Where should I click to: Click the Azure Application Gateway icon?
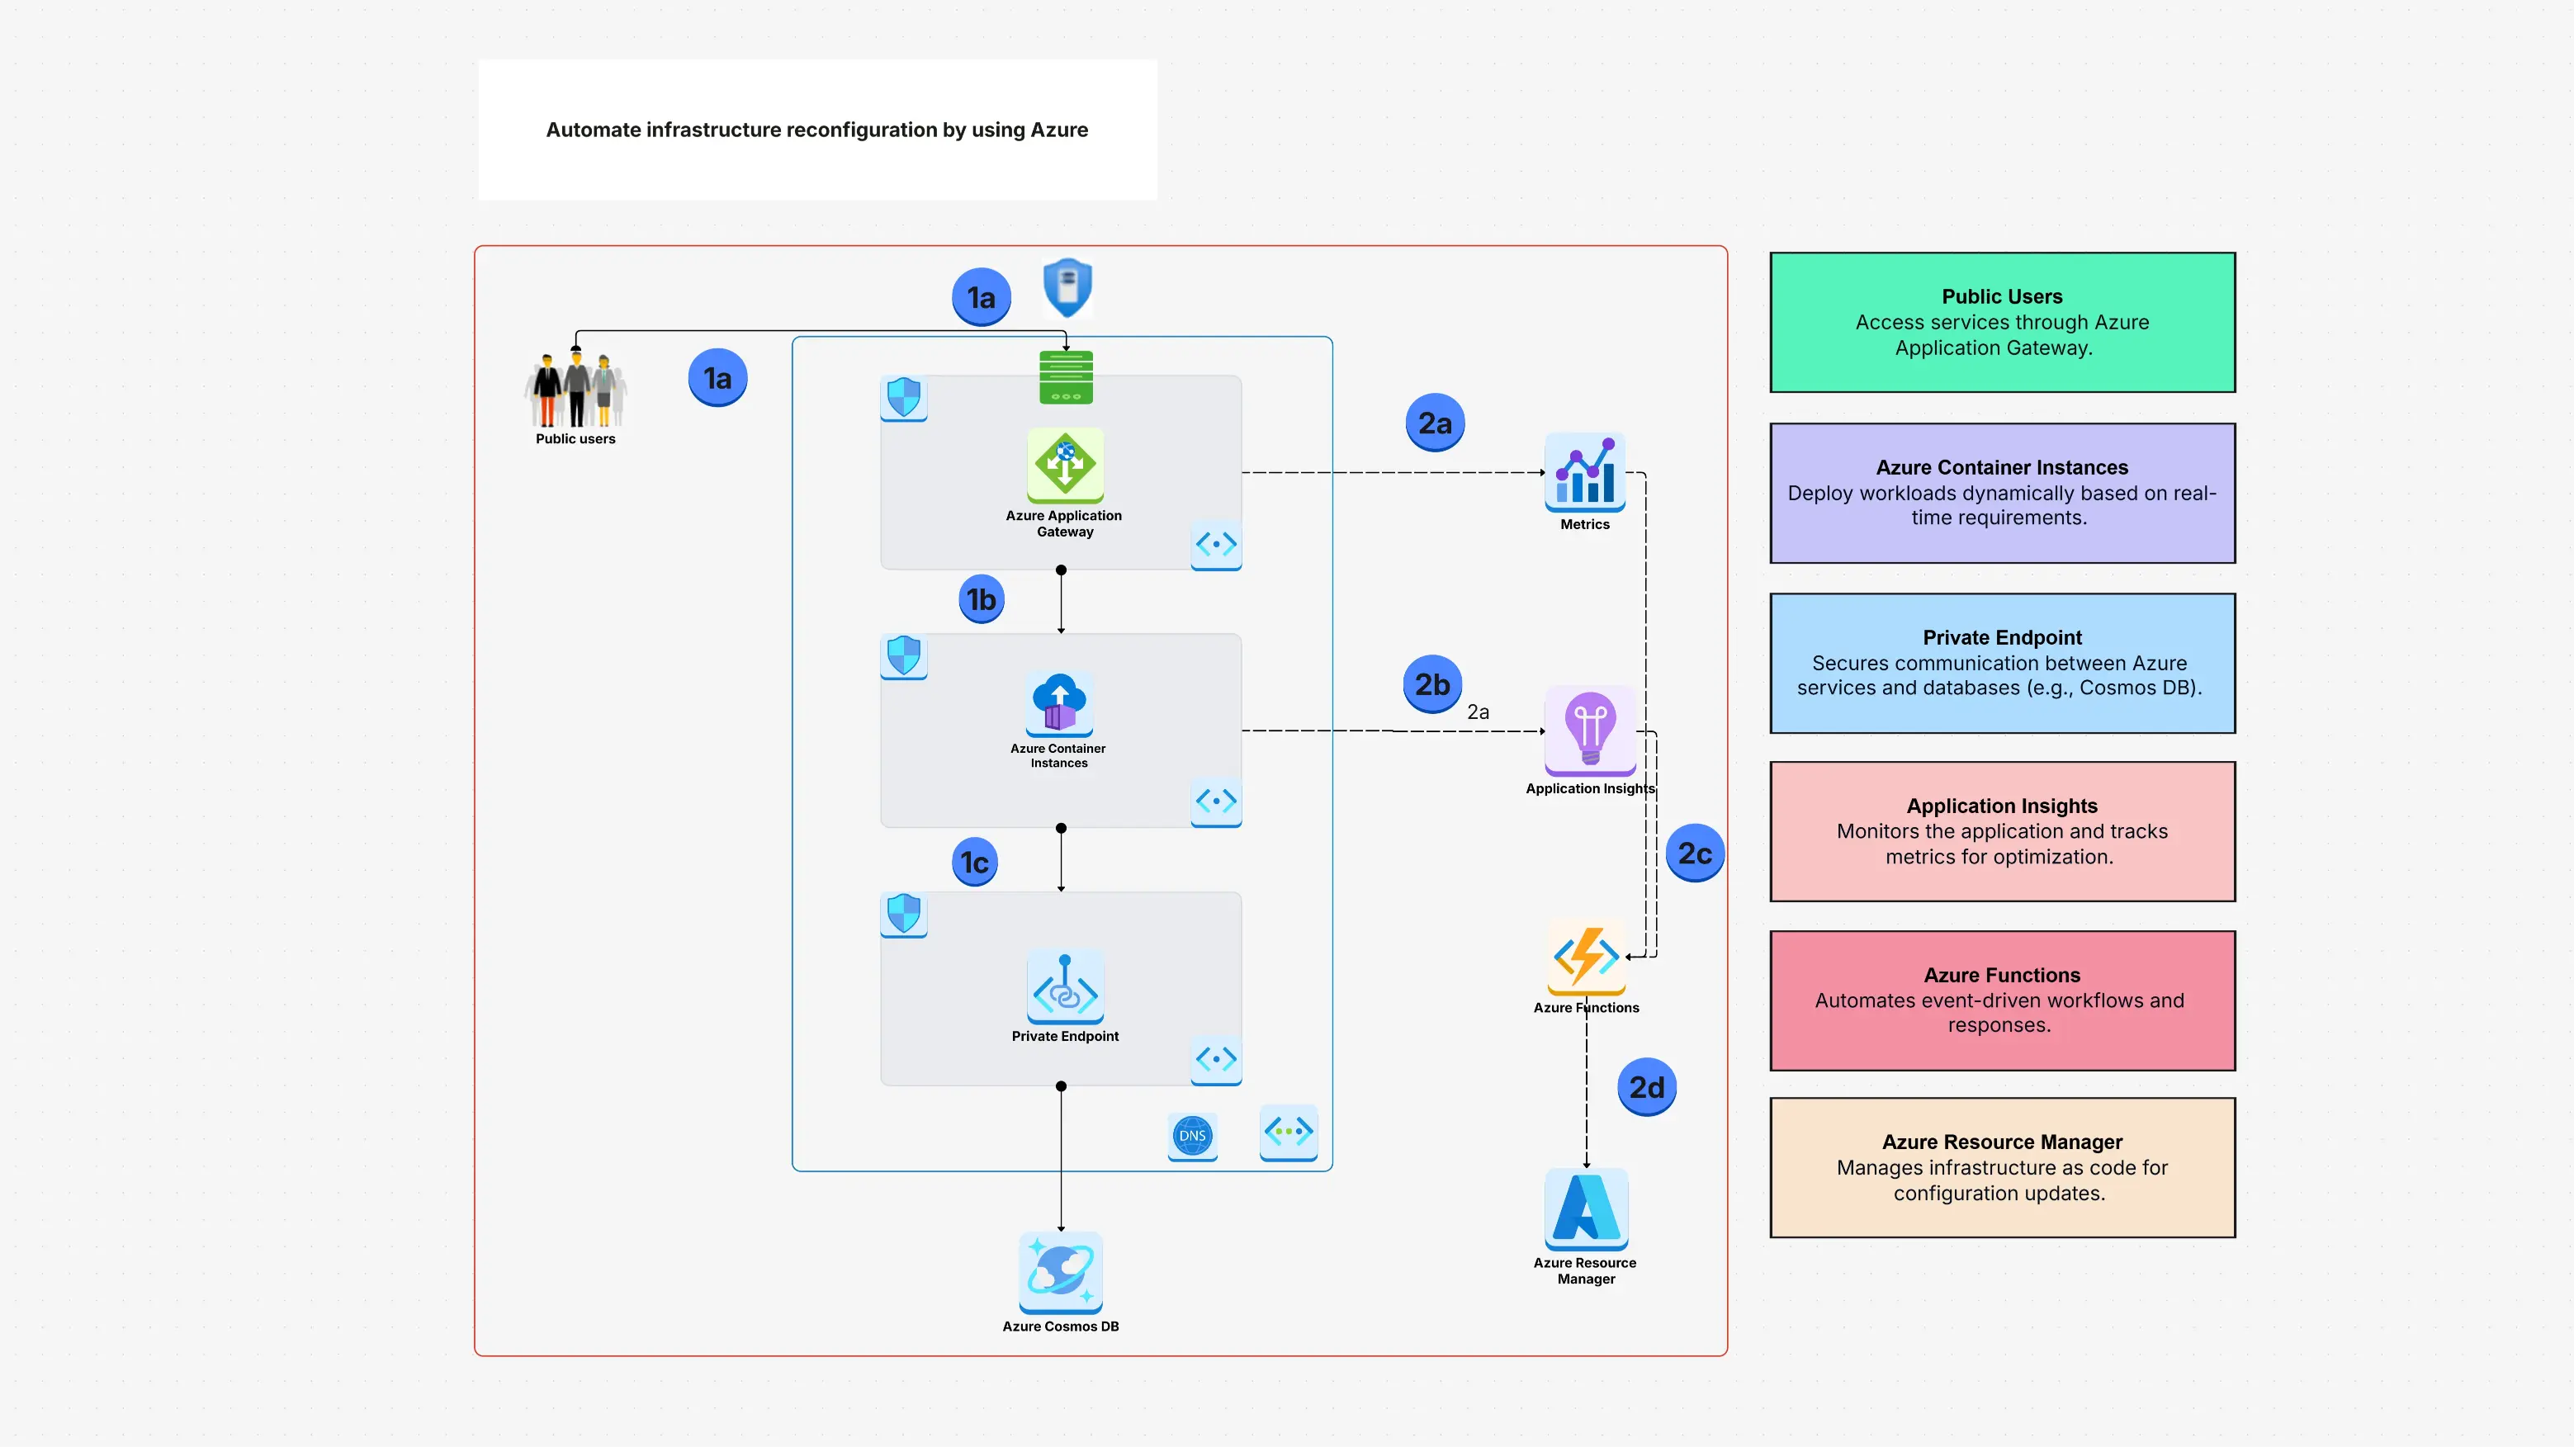click(x=1065, y=465)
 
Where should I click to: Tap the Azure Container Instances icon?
click(x=1059, y=703)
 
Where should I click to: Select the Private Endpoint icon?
click(x=1065, y=986)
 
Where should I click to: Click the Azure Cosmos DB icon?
click(x=1060, y=1272)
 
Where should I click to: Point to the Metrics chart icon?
click(x=1585, y=473)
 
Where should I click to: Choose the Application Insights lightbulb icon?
click(x=1590, y=730)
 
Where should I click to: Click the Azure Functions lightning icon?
click(x=1586, y=957)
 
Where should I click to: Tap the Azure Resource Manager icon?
click(x=1586, y=1209)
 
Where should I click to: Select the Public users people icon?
click(x=575, y=390)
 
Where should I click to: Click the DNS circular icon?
click(x=1192, y=1136)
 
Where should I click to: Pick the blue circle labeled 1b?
click(x=982, y=599)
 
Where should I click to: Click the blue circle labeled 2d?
click(x=1647, y=1087)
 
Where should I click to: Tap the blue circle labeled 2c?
click(x=1695, y=854)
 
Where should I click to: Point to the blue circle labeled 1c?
click(x=974, y=863)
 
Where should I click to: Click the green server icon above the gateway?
click(x=1065, y=378)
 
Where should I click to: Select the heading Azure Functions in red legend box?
click(x=2001, y=976)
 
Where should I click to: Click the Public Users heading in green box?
click(x=2001, y=297)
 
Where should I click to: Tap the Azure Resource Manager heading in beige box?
click(x=2001, y=1142)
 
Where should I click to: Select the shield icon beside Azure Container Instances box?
click(x=904, y=656)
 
